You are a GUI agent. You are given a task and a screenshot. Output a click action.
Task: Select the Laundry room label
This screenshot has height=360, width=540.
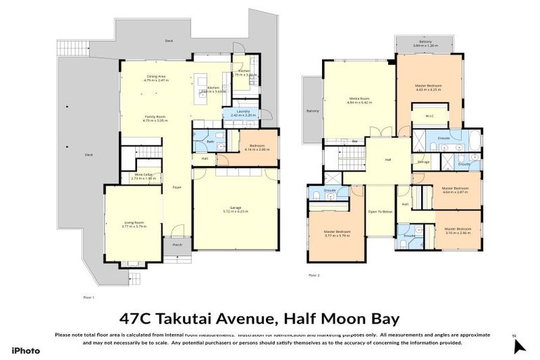(x=240, y=111)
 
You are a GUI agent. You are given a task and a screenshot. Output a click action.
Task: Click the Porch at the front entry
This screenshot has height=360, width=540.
(x=176, y=245)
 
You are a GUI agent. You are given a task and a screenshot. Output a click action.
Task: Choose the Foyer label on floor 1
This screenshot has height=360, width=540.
(x=176, y=188)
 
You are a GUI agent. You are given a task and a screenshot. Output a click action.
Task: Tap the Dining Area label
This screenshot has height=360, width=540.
(x=155, y=77)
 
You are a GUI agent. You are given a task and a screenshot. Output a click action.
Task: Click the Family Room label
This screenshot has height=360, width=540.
(x=155, y=117)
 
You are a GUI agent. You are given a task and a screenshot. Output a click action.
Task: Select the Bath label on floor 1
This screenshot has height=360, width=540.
(x=210, y=141)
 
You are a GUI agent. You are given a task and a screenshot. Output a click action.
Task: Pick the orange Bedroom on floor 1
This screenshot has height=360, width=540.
(x=251, y=147)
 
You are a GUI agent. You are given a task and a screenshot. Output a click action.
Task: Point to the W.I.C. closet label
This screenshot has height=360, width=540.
(x=429, y=116)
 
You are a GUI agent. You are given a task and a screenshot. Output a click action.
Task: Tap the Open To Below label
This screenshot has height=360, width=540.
(x=379, y=212)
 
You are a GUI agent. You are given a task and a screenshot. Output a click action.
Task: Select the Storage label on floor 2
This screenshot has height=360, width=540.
(x=423, y=162)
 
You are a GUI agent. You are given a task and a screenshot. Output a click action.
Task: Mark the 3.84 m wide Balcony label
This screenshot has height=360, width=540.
(x=425, y=44)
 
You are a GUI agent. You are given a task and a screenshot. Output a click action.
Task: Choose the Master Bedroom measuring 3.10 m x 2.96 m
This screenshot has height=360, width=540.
(x=456, y=230)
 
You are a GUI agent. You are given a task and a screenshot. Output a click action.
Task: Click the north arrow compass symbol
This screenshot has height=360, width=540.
(x=519, y=345)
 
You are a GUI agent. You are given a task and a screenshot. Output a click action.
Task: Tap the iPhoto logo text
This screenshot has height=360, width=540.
(x=25, y=350)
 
